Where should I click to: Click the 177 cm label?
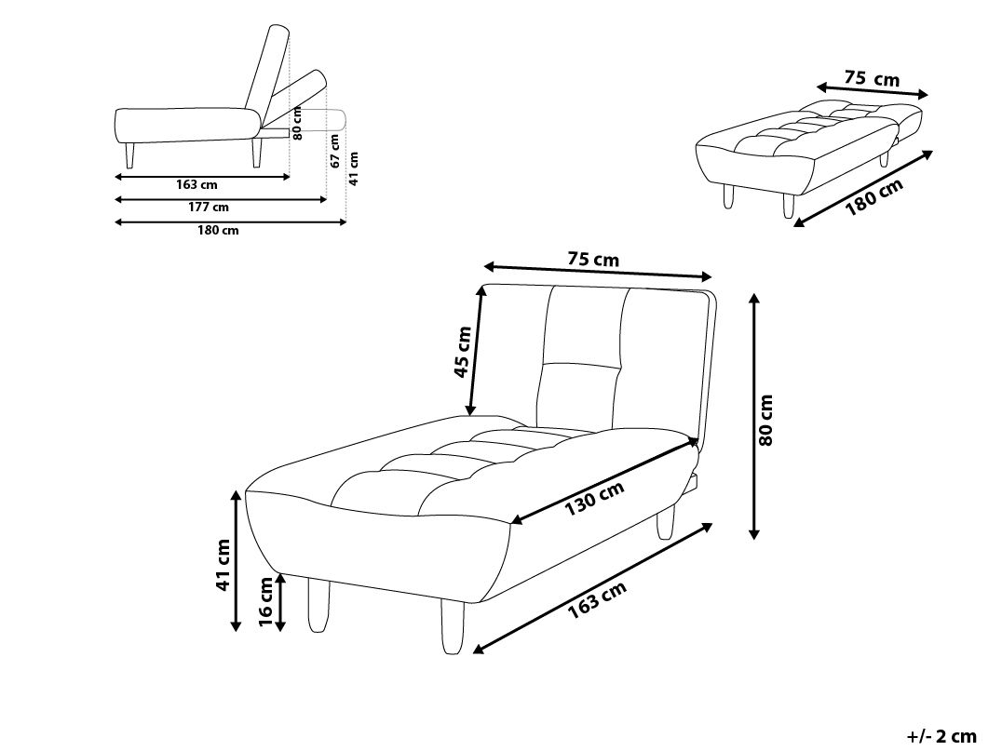tap(209, 207)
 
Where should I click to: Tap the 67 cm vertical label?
tap(335, 152)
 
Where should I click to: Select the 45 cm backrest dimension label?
tap(463, 352)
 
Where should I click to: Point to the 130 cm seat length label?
tap(594, 498)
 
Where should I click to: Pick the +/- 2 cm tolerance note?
tap(941, 736)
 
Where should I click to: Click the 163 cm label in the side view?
tap(196, 185)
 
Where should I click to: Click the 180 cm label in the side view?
tap(218, 231)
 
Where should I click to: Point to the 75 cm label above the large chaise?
tap(593, 260)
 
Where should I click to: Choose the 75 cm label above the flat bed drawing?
tap(872, 78)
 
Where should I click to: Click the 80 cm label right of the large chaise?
tap(766, 420)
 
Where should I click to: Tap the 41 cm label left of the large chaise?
tap(223, 565)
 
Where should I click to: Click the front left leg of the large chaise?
tap(318, 604)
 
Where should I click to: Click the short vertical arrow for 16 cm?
tap(280, 602)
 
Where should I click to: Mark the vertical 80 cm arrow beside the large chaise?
tap(754, 416)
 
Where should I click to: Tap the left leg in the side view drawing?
tap(130, 155)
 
